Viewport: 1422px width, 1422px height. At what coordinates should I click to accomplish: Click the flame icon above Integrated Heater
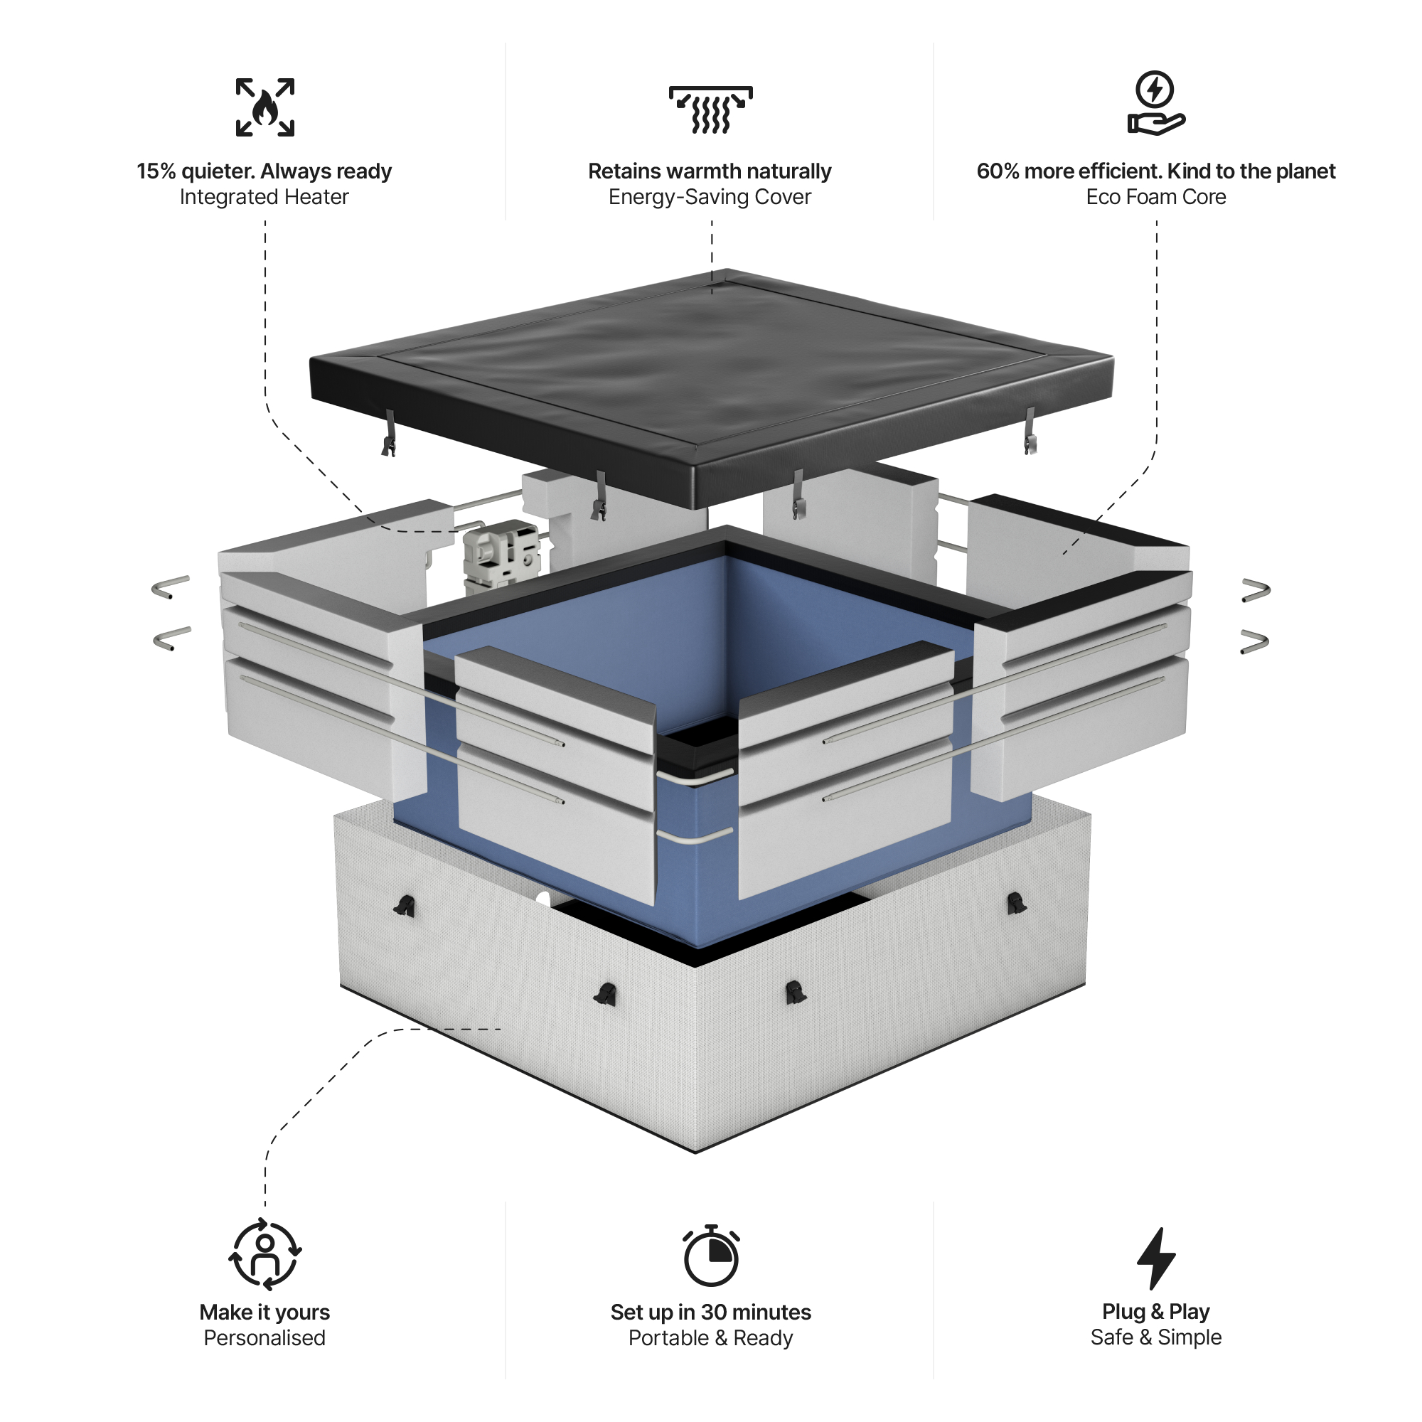(265, 107)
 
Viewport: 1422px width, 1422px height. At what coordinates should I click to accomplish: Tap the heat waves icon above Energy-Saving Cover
(710, 109)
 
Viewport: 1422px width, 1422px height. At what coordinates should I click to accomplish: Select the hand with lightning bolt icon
(1155, 103)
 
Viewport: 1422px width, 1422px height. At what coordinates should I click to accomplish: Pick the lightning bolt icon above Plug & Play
(1155, 1258)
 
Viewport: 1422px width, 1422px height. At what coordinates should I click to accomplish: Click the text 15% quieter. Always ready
(264, 171)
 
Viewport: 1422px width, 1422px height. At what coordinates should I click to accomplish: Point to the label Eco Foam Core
(1155, 197)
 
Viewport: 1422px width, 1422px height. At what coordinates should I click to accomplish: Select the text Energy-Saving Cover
(710, 197)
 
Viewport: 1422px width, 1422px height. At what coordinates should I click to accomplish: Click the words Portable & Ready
(710, 1338)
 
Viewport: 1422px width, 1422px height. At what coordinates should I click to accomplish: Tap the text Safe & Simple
(1155, 1337)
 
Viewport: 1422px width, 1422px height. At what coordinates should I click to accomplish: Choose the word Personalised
(264, 1338)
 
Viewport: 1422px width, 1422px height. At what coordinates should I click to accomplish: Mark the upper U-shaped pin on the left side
(171, 586)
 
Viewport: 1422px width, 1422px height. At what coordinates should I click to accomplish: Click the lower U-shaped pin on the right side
(1254, 641)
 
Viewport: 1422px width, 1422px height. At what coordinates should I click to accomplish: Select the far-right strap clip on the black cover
(1030, 433)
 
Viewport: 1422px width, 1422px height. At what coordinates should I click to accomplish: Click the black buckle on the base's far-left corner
(404, 906)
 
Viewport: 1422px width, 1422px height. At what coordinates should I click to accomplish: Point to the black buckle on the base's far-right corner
(1016, 903)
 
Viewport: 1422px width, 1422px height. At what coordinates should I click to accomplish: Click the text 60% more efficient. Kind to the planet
(1155, 171)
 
